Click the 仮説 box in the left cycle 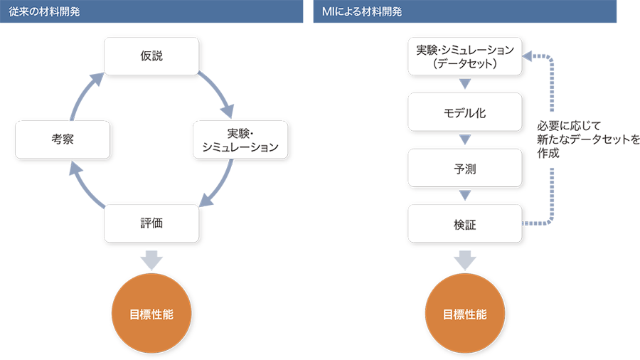tap(151, 56)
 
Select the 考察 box tap(63, 139)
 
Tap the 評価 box tap(151, 223)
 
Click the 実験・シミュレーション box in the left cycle tap(240, 139)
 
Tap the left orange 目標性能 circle tap(151, 314)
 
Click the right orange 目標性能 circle tap(464, 314)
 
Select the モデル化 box tap(464, 112)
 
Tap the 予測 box tap(464, 168)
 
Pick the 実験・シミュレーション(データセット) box tap(464, 56)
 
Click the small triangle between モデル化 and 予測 tap(465, 139)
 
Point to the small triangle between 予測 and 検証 tap(465, 195)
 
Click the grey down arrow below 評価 tap(151, 260)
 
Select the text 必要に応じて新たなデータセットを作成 tap(588, 139)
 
